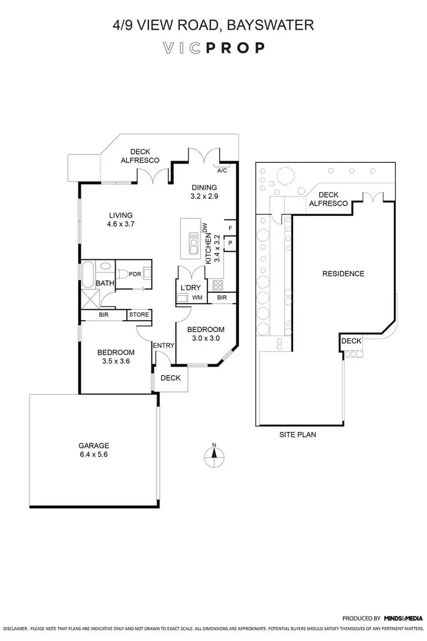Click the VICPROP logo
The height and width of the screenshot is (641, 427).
pos(213,48)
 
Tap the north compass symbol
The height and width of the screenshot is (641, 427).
pos(213,453)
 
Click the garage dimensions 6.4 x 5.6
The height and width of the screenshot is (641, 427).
pos(93,455)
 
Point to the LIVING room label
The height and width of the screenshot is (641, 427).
pos(121,215)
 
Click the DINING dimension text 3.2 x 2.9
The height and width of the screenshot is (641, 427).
pos(204,195)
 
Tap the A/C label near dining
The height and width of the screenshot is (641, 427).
pos(221,170)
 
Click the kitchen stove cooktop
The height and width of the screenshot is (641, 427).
pos(216,285)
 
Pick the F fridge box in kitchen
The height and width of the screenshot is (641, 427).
pos(230,227)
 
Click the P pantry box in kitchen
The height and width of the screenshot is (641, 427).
pos(230,242)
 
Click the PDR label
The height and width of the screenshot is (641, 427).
pos(134,274)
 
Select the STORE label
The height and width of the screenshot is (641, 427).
pos(139,314)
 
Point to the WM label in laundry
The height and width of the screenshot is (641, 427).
pos(197,297)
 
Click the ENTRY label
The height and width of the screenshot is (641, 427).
pos(162,345)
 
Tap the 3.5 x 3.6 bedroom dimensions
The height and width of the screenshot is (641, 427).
pos(115,361)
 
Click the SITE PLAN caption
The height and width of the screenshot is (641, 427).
pos(297,434)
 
